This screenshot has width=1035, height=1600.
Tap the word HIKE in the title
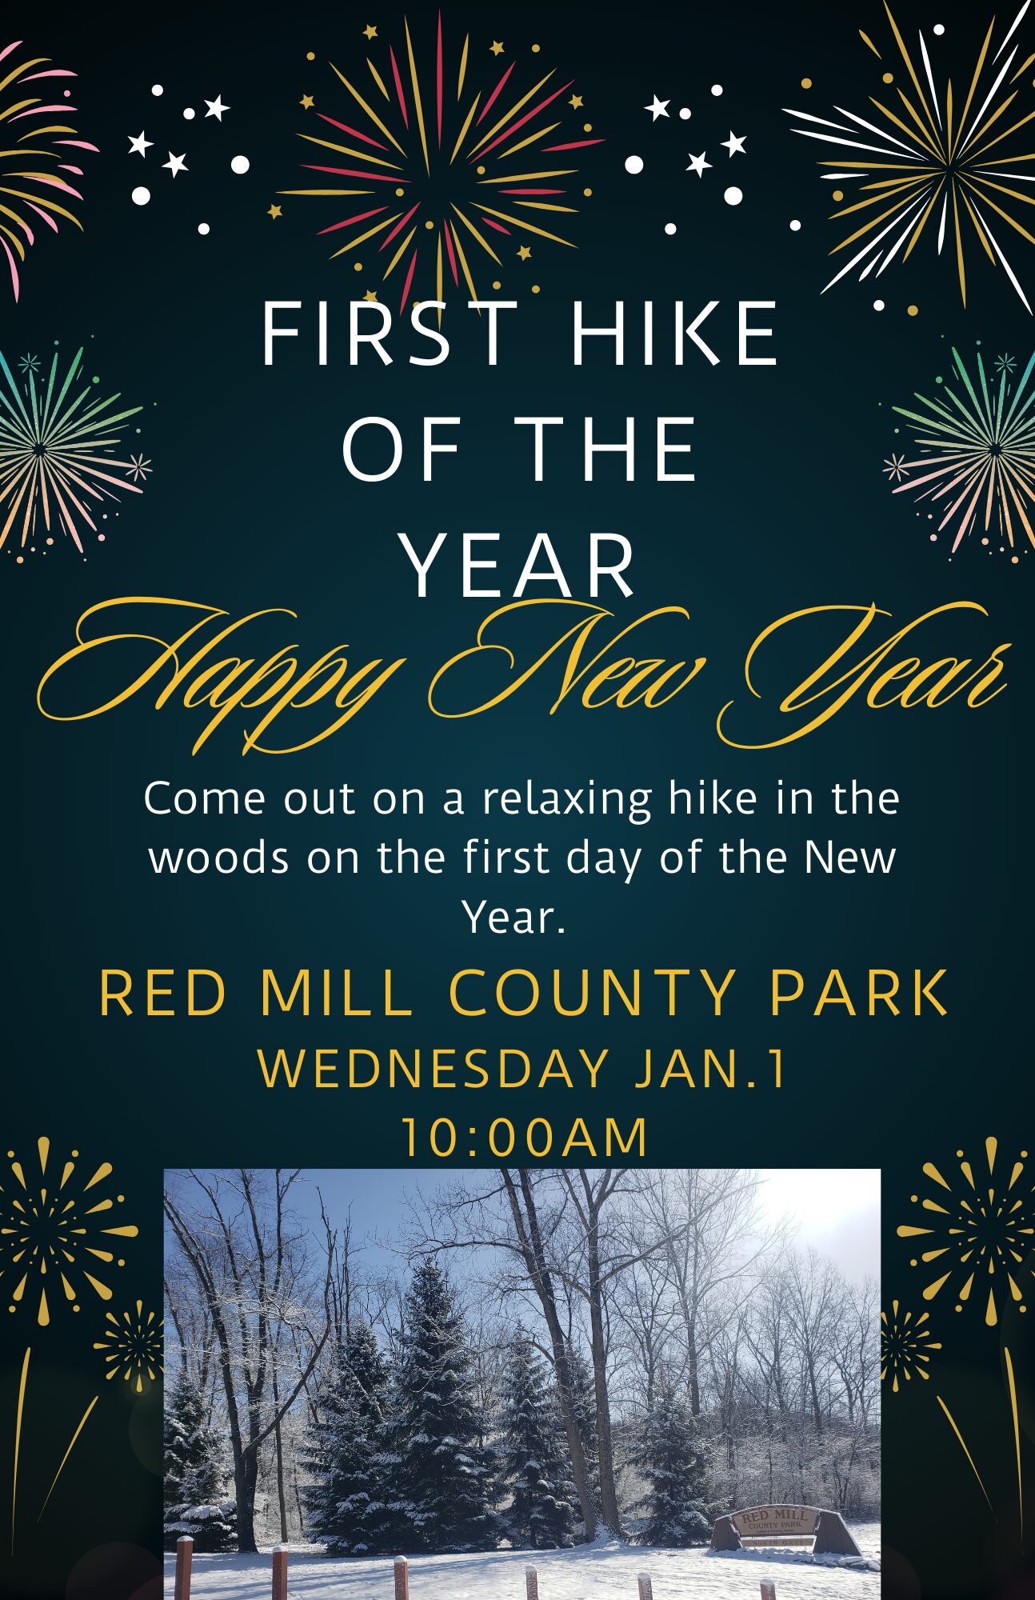[x=674, y=334]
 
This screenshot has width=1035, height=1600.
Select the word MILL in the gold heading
[x=335, y=993]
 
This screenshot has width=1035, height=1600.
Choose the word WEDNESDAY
[x=433, y=1069]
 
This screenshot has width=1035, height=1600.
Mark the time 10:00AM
[x=524, y=1137]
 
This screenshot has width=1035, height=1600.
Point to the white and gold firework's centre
[x=949, y=168]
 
